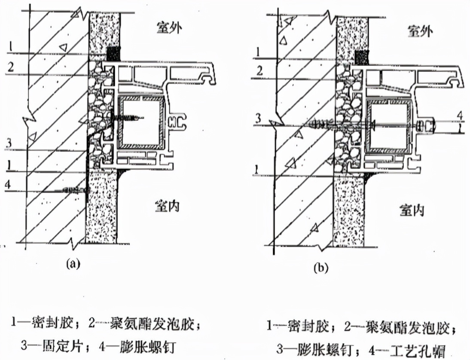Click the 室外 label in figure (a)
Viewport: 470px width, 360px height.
(169, 28)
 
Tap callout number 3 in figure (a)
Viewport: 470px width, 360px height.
(10, 142)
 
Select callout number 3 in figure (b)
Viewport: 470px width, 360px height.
(257, 119)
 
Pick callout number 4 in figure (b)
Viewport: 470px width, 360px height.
(459, 115)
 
